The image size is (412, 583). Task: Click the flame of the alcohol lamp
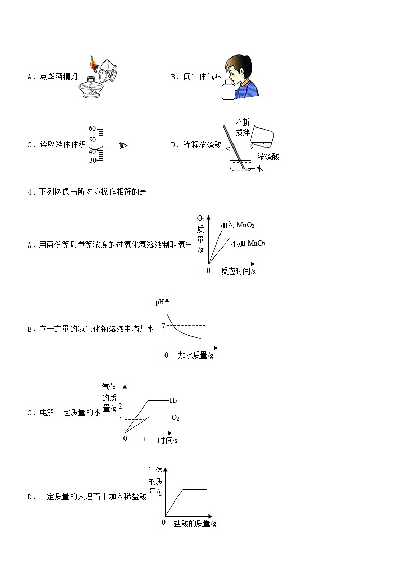pyautogui.click(x=92, y=63)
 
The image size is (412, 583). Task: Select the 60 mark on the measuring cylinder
pyautogui.click(x=92, y=128)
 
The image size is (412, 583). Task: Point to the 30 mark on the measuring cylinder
pyautogui.click(x=92, y=160)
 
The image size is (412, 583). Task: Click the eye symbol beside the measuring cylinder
pyautogui.click(x=123, y=145)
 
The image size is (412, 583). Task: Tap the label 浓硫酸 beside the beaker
pyautogui.click(x=268, y=156)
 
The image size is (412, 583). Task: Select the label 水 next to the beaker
pyautogui.click(x=260, y=169)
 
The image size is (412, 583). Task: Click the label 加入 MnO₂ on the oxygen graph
pyautogui.click(x=237, y=225)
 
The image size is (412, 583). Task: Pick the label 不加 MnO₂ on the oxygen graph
pyautogui.click(x=248, y=243)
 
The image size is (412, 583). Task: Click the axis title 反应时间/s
pyautogui.click(x=238, y=271)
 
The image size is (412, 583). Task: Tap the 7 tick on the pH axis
pyautogui.click(x=163, y=326)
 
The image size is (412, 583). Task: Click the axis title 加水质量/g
pyautogui.click(x=196, y=356)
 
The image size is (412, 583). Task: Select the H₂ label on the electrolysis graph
pyautogui.click(x=173, y=400)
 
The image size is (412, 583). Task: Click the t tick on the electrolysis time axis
pyautogui.click(x=144, y=439)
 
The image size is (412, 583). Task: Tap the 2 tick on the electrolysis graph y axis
pyautogui.click(x=120, y=405)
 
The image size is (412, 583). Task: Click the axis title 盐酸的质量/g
pyautogui.click(x=195, y=523)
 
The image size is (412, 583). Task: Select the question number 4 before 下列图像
pyautogui.click(x=29, y=192)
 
